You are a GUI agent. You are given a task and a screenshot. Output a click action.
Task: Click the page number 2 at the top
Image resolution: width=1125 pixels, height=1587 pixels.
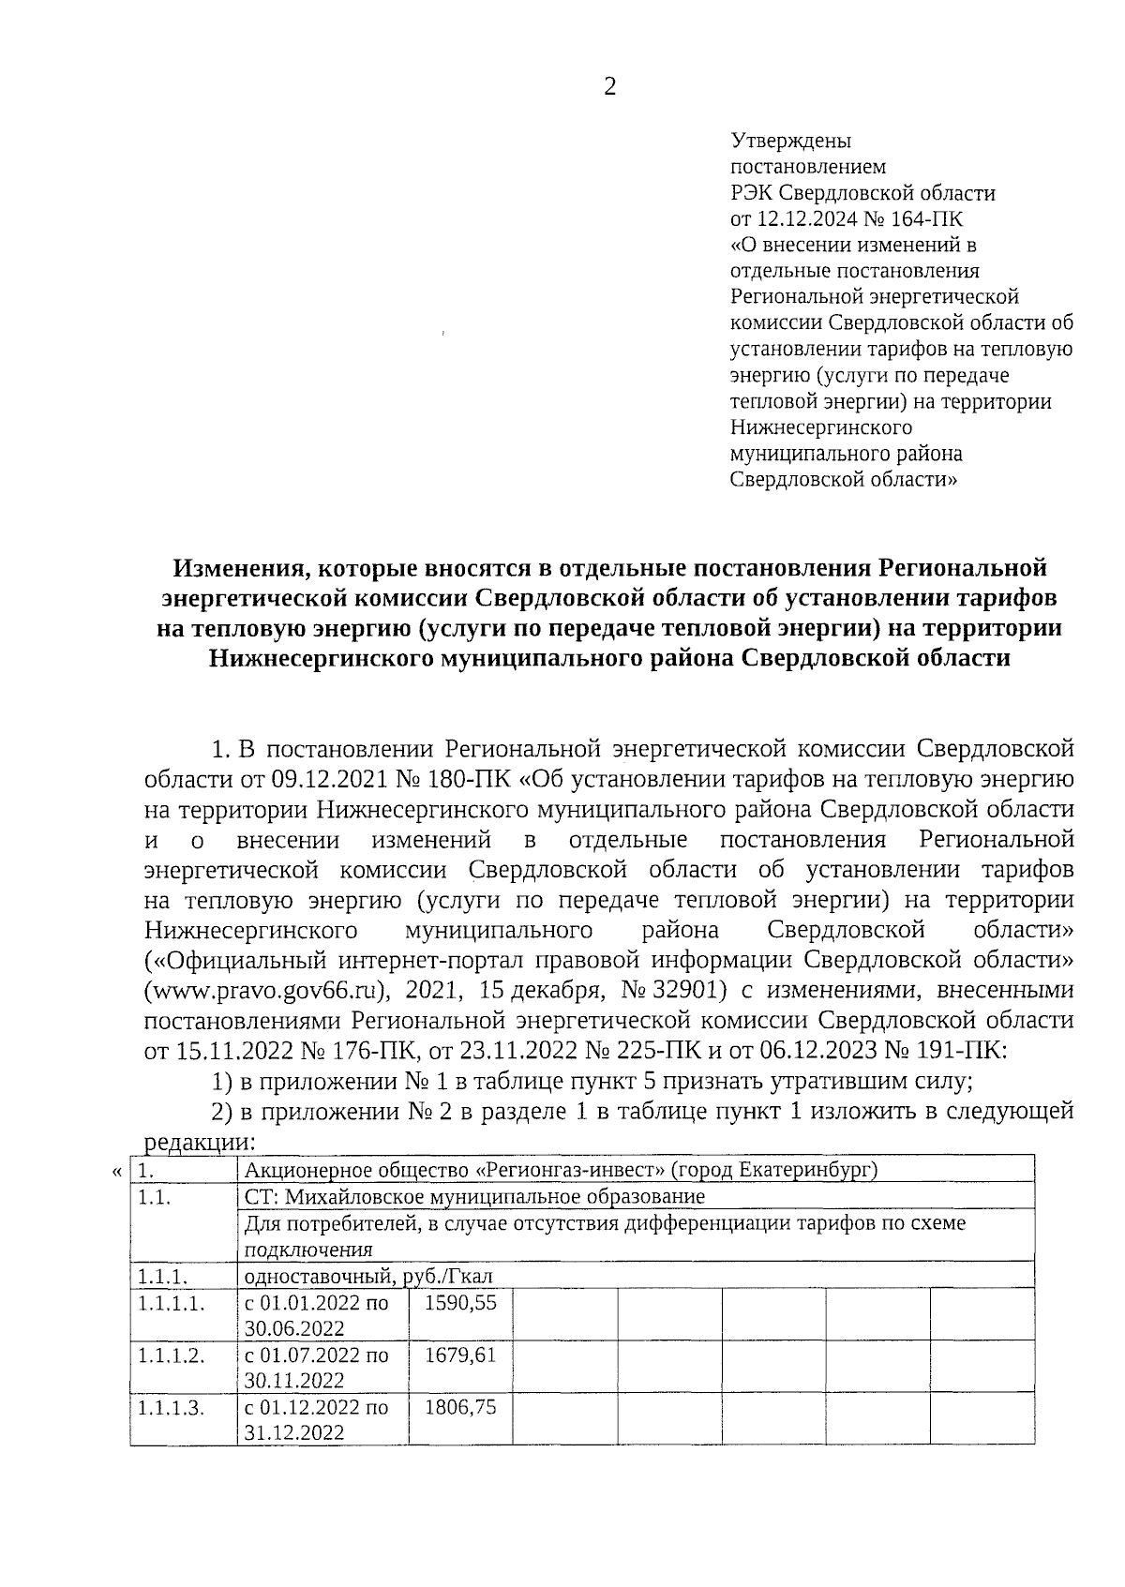(610, 87)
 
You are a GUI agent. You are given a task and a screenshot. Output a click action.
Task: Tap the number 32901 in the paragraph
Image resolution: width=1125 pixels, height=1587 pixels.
(688, 990)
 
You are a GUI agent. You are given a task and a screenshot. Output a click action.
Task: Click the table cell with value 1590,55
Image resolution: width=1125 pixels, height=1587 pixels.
(460, 1302)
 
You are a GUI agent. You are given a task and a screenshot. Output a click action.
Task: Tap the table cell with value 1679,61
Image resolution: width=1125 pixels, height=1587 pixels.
(460, 1355)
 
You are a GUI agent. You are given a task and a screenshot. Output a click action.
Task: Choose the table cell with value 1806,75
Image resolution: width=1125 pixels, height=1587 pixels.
(460, 1407)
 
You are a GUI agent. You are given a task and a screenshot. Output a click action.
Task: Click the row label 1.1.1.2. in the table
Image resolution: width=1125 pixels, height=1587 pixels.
(171, 1355)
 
